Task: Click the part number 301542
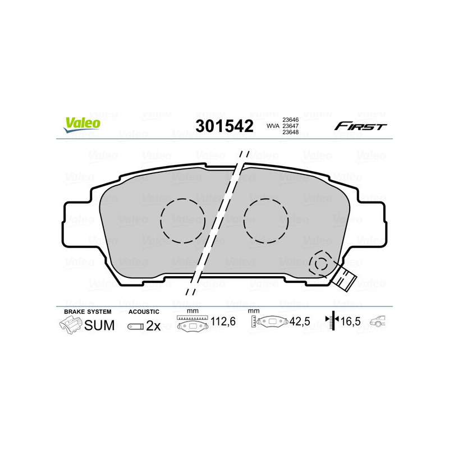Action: click(224, 126)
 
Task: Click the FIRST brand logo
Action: click(360, 126)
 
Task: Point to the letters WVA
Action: click(272, 126)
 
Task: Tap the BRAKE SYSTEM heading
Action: click(88, 311)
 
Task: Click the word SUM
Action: click(99, 326)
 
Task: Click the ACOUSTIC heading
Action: click(144, 311)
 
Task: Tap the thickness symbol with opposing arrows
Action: click(333, 322)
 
